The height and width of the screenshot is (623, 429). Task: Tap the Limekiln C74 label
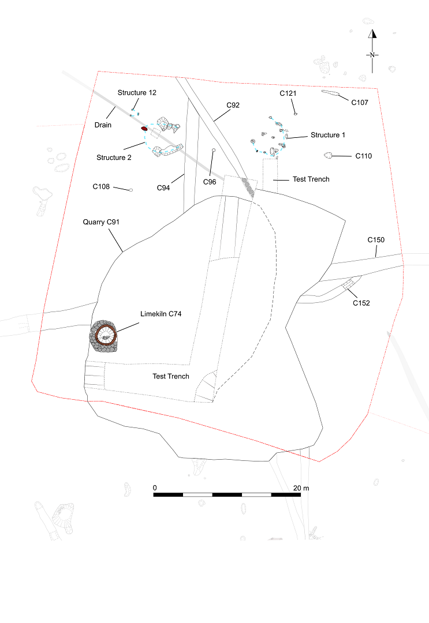click(161, 314)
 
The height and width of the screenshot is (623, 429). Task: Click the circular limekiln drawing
click(103, 336)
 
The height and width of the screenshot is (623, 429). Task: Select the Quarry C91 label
click(101, 222)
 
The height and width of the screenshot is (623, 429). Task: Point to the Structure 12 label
click(137, 92)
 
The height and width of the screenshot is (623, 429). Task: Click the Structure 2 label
click(114, 157)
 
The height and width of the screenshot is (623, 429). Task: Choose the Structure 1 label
click(327, 135)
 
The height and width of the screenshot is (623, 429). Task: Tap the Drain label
click(103, 125)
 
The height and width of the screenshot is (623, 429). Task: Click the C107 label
click(359, 103)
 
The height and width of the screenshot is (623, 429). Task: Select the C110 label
click(363, 156)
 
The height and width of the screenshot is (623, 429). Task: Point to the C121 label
click(288, 93)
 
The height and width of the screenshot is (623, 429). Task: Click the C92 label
click(233, 106)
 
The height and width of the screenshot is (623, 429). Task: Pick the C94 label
click(163, 188)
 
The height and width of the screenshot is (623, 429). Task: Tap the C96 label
click(210, 182)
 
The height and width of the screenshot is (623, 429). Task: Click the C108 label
click(101, 187)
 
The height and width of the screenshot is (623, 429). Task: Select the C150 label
click(376, 240)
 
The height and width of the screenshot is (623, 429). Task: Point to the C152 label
click(361, 303)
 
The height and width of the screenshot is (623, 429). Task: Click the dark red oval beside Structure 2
click(144, 129)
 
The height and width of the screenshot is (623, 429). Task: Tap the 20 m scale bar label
click(301, 489)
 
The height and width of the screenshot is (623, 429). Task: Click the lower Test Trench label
click(170, 377)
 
